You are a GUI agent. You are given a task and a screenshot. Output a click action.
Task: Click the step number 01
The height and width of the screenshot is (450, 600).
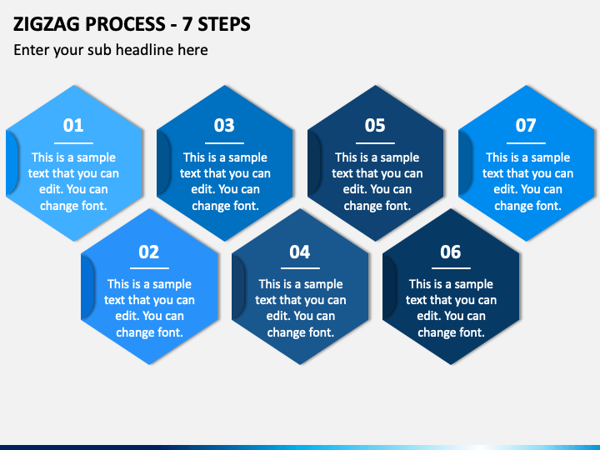73,126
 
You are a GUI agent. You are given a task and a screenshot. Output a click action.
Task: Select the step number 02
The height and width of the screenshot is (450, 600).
149,252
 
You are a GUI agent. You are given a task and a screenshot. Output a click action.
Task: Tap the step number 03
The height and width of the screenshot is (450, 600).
224,126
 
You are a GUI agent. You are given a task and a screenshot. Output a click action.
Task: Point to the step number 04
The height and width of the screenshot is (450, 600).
300,252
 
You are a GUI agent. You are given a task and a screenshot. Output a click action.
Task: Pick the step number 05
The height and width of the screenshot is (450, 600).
375,126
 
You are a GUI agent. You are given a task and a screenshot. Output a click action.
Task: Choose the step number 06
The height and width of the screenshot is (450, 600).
450,252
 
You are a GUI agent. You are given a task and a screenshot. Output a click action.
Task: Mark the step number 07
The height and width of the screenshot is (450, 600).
526,126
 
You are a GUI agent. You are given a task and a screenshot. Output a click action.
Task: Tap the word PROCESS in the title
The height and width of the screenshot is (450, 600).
126,24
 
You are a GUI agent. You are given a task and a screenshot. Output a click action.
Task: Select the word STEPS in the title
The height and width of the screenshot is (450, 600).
224,24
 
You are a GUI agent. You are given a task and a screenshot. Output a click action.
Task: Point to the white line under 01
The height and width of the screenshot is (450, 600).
73,143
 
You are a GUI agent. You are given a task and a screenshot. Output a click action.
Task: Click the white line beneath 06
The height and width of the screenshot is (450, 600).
451,268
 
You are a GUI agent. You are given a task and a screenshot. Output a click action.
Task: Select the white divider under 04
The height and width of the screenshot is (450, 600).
300,268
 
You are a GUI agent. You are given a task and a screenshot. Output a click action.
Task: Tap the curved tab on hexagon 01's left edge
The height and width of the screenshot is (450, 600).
12,163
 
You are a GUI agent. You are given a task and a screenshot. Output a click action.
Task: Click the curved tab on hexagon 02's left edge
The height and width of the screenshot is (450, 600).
87,287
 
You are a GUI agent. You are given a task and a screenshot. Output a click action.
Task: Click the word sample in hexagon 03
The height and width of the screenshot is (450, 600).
248,158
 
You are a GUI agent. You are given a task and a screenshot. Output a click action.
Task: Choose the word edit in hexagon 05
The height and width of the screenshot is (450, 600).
352,189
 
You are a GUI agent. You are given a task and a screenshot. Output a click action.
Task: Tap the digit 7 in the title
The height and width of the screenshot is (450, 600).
187,24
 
